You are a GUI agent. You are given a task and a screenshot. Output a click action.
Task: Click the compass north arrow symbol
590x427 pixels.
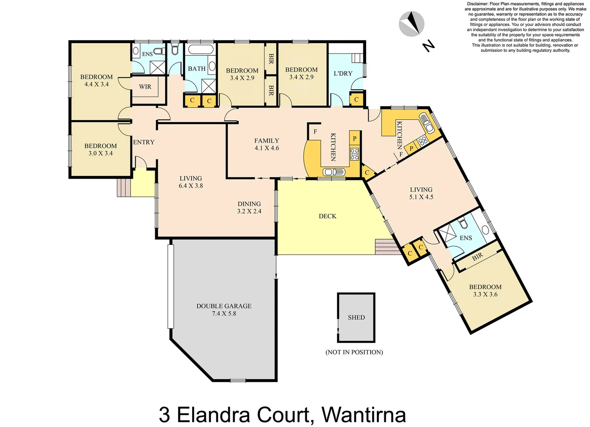click(x=412, y=24)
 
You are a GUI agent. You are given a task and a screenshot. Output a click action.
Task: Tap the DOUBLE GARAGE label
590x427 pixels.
click(x=224, y=310)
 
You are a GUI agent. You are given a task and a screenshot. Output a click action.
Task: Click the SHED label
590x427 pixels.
click(x=356, y=317)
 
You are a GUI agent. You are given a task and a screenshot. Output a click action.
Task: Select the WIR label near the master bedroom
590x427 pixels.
click(x=145, y=87)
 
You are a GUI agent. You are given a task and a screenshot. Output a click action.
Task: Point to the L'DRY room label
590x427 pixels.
click(x=343, y=73)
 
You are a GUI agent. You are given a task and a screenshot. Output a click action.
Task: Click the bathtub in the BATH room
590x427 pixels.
click(x=200, y=50)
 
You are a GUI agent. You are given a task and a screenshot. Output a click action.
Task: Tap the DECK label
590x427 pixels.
click(x=327, y=216)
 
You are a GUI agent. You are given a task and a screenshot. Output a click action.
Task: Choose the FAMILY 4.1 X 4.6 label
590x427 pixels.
click(x=267, y=144)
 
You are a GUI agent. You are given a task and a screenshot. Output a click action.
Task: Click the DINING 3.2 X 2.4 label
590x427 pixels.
click(x=249, y=208)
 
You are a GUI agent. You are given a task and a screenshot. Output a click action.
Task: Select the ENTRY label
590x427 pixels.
click(x=144, y=142)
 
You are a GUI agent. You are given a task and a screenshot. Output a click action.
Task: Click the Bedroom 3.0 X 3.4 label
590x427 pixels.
click(x=100, y=149)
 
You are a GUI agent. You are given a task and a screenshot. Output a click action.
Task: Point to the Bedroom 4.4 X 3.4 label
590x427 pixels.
click(x=96, y=80)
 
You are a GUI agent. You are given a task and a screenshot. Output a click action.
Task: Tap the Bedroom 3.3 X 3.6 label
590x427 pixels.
click(x=485, y=291)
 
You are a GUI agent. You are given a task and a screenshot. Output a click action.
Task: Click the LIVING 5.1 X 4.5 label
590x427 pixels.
click(x=421, y=193)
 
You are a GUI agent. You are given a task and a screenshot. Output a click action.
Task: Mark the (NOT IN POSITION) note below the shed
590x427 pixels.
click(x=354, y=352)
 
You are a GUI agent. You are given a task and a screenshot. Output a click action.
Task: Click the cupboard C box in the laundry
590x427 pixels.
click(x=356, y=100)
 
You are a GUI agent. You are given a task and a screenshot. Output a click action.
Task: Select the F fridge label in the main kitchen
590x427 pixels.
click(x=315, y=132)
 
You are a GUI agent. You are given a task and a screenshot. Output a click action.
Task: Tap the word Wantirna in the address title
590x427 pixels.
click(x=363, y=415)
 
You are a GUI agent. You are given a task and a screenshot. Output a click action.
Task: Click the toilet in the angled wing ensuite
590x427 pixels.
click(x=464, y=225)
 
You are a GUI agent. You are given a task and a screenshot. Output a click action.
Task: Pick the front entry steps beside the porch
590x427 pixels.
click(x=123, y=187)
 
